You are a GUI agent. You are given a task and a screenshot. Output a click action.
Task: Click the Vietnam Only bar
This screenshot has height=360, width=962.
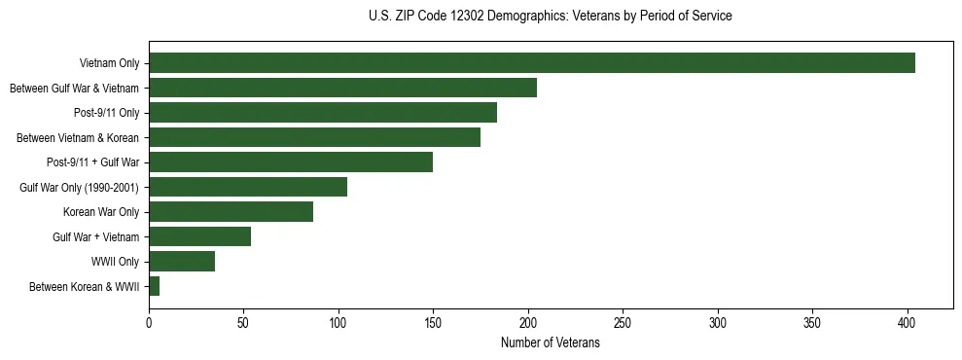click(x=532, y=63)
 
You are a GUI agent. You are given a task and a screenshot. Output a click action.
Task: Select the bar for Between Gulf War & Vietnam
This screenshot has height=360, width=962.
click(x=342, y=88)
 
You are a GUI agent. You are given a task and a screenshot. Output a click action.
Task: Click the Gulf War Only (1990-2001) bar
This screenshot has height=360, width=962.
click(x=248, y=187)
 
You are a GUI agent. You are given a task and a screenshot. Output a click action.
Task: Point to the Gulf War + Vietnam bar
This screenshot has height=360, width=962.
click(x=200, y=236)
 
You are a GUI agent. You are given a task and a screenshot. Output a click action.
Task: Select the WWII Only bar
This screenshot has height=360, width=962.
click(x=182, y=262)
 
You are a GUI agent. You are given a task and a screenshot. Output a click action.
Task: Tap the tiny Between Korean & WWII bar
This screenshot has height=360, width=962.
click(x=155, y=286)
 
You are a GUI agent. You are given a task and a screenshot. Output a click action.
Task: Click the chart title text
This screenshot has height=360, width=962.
click(x=550, y=17)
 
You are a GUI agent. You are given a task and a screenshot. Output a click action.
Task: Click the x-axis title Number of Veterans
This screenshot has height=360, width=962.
click(x=550, y=343)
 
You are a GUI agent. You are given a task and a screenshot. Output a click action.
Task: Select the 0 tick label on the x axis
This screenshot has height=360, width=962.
click(x=149, y=322)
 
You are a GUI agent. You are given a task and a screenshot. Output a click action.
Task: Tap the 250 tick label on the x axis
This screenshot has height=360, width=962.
click(x=624, y=322)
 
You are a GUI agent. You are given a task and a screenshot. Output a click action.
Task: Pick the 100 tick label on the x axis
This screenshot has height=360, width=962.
click(x=338, y=322)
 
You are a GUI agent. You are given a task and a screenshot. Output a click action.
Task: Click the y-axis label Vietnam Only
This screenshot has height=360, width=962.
click(x=110, y=64)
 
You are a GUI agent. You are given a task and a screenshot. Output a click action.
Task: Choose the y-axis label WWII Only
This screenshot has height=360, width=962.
click(x=115, y=262)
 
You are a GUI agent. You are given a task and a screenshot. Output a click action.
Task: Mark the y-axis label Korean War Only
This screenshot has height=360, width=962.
click(x=101, y=212)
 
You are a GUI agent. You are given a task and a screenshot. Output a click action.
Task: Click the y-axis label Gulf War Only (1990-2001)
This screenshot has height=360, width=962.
click(x=80, y=188)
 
